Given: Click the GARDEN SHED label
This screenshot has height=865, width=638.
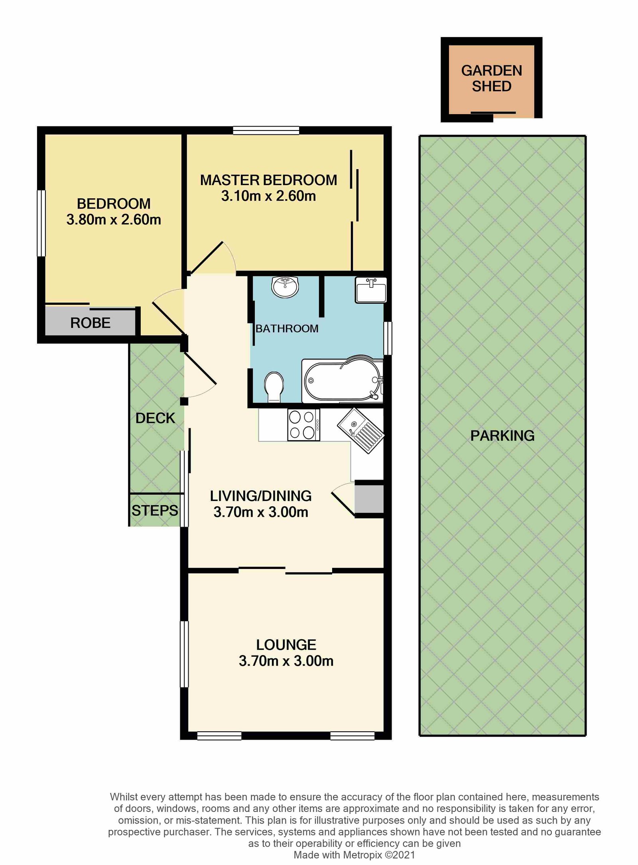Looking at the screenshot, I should pos(491,78).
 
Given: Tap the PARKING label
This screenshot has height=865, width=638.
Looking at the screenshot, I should pos(502,435).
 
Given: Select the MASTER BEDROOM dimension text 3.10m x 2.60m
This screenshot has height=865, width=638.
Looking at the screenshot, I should pos(268,196).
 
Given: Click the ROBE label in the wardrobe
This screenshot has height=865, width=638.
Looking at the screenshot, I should pos(90,323).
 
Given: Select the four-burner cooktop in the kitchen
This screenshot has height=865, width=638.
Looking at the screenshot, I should pos(303,425).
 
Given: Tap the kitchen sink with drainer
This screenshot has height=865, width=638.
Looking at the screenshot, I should pos(361,430).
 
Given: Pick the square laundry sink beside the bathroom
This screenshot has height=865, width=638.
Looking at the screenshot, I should pos(371,290).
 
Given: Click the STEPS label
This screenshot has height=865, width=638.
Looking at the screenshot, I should pos(155,510).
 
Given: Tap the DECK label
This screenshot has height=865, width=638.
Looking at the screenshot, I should pos(155,418).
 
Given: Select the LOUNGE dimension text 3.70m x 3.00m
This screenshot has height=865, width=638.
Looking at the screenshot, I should pos(286,661).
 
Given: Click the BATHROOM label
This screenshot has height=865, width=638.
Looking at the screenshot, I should pos(287,329).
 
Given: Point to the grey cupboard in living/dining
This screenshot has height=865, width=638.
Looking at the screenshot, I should pos(369,499).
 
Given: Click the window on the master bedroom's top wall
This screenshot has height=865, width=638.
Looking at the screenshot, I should pos(266,130).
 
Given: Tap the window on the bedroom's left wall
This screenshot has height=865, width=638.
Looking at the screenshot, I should pos(41,223).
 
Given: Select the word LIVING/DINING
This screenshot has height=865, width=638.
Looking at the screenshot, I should pos(261,496).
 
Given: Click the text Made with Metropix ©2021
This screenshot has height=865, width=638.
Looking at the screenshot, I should pos(354,855).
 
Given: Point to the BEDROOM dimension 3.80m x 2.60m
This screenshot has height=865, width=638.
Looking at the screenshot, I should pos(114,220).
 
